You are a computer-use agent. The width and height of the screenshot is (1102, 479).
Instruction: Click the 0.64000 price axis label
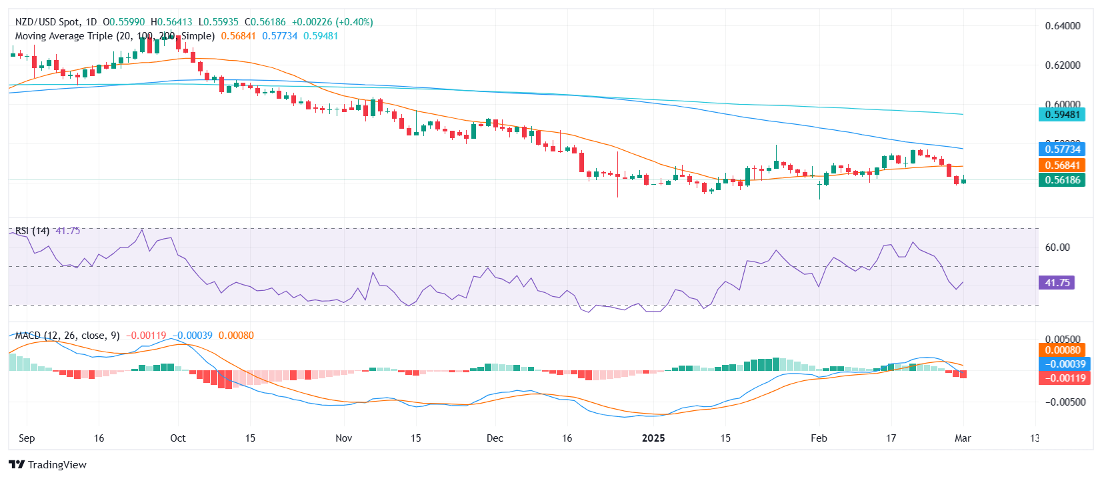[1062, 26]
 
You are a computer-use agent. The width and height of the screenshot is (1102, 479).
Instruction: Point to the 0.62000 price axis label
[1062, 65]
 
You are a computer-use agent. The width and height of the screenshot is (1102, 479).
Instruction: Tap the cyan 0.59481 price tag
[1062, 115]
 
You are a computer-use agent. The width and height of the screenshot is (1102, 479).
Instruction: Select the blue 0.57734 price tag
[1062, 149]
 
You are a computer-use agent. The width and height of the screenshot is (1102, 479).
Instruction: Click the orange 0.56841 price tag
[1062, 165]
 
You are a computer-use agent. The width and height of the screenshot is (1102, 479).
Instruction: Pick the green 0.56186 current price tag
[1062, 180]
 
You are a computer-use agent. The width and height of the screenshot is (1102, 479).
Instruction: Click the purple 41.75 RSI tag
[1057, 283]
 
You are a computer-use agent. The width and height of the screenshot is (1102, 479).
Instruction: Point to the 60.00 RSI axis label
[1057, 248]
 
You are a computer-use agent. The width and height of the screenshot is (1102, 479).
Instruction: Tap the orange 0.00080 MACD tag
[1063, 350]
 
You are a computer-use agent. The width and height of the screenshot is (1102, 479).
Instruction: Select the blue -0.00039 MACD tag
[1063, 364]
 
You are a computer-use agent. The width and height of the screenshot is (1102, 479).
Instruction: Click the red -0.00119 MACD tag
[1063, 378]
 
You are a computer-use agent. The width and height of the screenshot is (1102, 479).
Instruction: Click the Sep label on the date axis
[27, 438]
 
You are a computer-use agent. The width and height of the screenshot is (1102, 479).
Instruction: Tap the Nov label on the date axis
[343, 438]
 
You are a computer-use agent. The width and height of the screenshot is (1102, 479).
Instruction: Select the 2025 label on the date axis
[653, 438]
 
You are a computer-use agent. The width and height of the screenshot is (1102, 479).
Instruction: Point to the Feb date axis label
[819, 438]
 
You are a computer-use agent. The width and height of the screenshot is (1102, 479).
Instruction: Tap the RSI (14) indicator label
[32, 231]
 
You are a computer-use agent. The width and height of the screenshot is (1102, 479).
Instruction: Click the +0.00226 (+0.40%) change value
[332, 22]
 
